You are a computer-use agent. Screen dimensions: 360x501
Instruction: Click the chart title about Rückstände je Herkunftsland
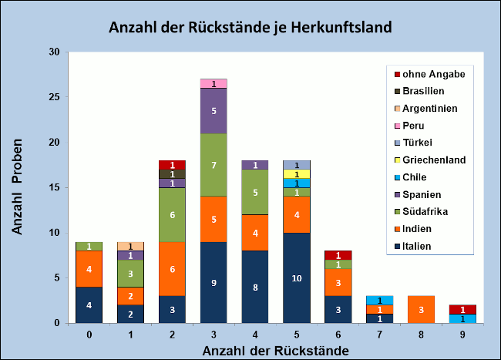[250, 28]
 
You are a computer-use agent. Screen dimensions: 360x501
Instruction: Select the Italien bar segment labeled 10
[296, 278]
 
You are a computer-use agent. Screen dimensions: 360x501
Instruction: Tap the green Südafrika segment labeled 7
[213, 165]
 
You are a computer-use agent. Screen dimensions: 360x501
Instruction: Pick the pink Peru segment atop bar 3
[213, 83]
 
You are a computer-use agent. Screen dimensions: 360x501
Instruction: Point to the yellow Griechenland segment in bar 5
[296, 174]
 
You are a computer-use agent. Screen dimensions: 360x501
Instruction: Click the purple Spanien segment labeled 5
[213, 111]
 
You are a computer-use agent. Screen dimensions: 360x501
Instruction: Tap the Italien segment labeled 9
[213, 282]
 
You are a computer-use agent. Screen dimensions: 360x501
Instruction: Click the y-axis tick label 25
[54, 97]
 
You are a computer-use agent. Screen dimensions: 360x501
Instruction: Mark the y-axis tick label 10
[54, 233]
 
